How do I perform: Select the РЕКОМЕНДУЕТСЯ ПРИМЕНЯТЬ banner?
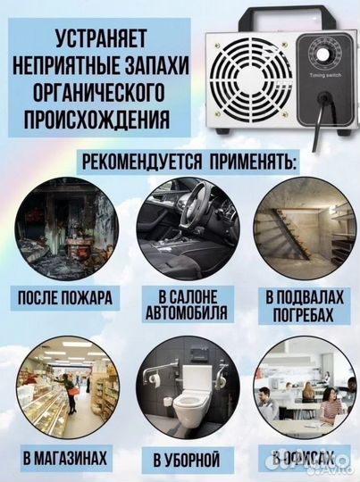179,162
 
